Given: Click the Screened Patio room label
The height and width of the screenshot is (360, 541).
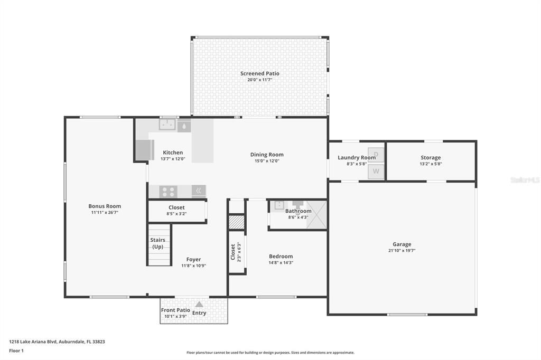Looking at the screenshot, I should coord(259,73).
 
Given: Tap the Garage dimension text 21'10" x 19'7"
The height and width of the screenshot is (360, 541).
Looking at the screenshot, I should coord(402,251).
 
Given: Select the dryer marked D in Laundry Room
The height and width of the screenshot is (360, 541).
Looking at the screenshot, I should coord(376,154).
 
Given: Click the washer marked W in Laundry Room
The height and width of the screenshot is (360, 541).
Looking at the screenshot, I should coord(376,171).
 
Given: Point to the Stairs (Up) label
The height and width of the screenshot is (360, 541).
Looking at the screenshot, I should coord(157,243).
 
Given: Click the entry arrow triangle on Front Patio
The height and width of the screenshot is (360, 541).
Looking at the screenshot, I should coord(199,304).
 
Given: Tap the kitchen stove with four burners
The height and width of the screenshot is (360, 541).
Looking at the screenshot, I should coord(168,191).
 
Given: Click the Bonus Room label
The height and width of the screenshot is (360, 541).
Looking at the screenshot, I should coord(105,206).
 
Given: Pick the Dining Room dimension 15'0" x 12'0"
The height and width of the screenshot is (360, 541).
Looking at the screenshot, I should coord(267,161).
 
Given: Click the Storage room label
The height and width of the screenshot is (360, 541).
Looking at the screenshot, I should coord(431,157).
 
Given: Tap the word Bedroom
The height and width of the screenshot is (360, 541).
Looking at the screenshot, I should coord(281,257).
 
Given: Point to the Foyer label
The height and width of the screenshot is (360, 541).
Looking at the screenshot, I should coord(193,259).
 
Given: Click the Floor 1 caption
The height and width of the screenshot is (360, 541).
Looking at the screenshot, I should coord(17,350).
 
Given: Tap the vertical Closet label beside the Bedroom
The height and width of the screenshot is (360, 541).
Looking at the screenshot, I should coord(233,252).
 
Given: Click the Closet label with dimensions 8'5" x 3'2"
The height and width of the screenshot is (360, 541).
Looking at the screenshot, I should coord(176,207).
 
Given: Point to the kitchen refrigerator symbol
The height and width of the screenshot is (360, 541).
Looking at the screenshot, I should coord(144,150).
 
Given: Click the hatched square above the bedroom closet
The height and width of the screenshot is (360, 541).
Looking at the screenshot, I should coord(237,222).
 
